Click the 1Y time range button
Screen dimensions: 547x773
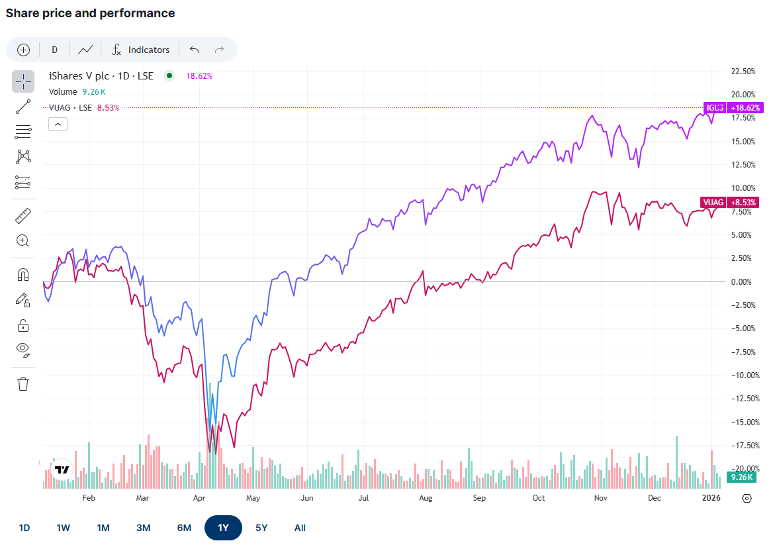click(223, 528)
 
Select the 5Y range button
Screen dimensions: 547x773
click(261, 528)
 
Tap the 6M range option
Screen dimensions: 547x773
click(184, 528)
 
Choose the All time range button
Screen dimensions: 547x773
click(300, 528)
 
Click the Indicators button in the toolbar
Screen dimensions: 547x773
click(140, 50)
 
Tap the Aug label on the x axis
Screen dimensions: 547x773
click(426, 498)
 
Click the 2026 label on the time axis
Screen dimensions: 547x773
click(711, 498)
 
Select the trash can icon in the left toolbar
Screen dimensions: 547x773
click(23, 384)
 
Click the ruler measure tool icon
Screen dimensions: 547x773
click(23, 215)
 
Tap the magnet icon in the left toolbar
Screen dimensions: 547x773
click(23, 275)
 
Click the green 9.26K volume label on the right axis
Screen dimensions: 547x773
click(740, 477)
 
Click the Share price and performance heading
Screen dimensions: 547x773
click(91, 13)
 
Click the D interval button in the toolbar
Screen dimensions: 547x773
click(54, 50)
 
